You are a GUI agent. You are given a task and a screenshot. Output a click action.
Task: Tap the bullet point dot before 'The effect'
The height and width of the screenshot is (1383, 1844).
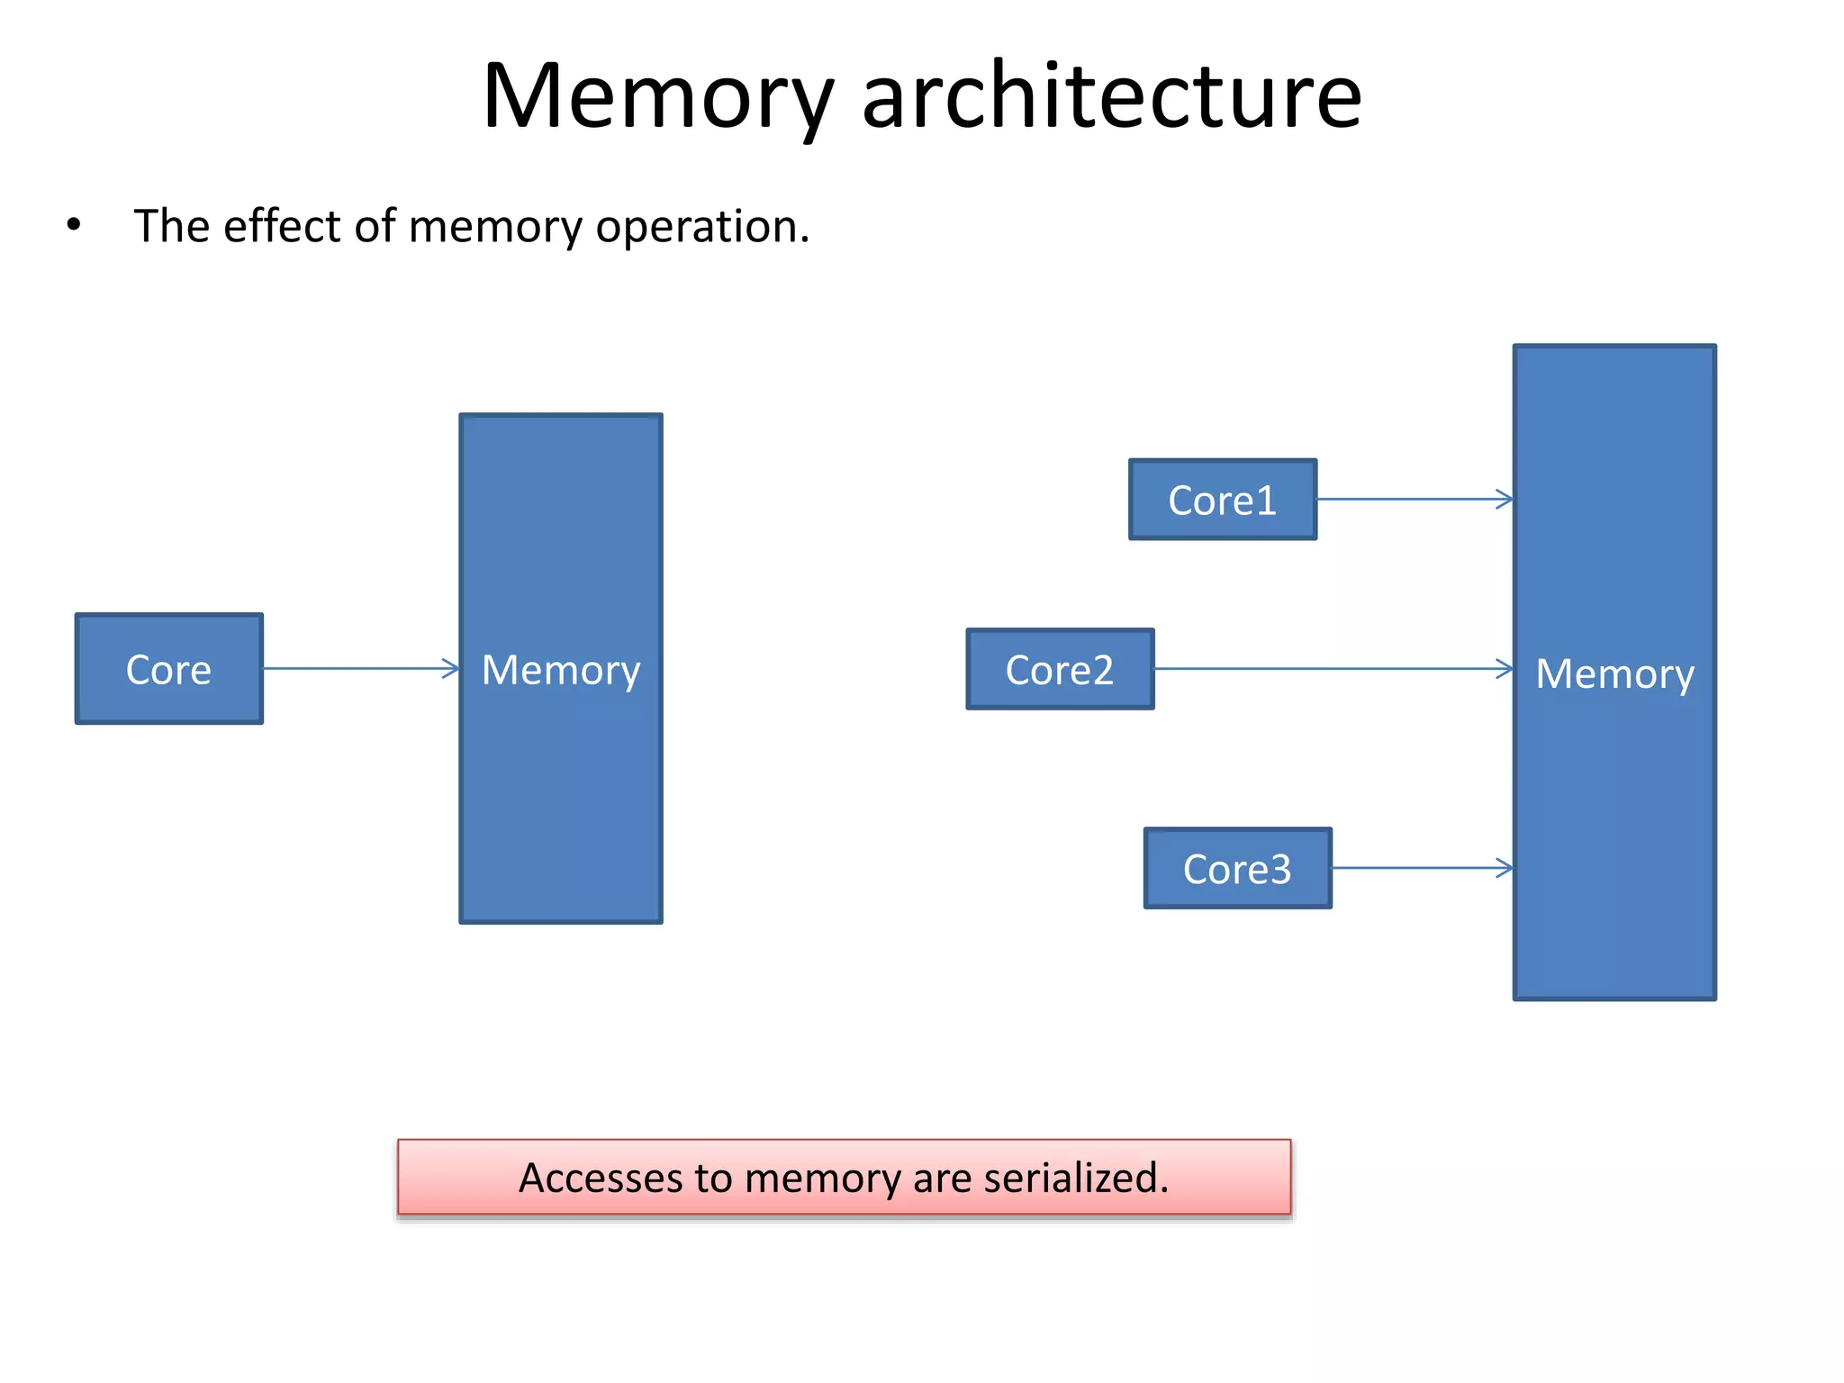(74, 225)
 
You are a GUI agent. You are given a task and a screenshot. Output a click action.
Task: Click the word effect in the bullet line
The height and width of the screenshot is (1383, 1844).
(283, 225)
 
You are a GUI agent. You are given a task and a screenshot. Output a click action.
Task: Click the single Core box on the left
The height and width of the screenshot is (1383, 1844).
(169, 669)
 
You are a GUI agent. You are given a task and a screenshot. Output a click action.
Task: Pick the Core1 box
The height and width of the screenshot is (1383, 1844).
(1223, 500)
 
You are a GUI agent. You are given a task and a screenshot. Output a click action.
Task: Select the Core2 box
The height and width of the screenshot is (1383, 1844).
(1060, 670)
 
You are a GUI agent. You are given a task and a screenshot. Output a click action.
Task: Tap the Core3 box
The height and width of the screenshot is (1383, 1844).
(1237, 869)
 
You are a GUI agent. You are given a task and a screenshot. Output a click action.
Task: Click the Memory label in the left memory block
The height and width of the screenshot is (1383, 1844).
(561, 671)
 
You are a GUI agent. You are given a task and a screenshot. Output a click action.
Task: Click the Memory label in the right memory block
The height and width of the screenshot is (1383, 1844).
(1614, 674)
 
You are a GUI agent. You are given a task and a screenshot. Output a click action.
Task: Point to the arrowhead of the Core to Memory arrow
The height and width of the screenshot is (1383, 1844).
(452, 668)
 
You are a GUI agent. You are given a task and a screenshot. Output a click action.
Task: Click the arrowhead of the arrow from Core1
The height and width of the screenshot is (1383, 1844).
(1505, 499)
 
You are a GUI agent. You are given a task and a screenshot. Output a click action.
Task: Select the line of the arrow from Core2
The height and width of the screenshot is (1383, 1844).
(1333, 669)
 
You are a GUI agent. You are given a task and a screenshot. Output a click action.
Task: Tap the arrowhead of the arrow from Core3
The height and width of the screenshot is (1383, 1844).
(1505, 868)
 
